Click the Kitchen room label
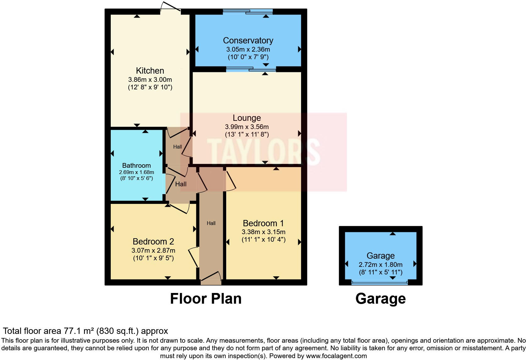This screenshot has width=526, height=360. click(x=150, y=70)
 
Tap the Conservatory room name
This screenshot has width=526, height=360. click(x=248, y=41)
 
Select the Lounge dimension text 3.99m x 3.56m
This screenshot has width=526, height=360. click(x=247, y=127)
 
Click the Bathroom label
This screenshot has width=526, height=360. click(x=136, y=166)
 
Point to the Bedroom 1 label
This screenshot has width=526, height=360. click(x=263, y=223)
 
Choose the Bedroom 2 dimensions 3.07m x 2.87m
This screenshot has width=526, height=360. click(x=153, y=251)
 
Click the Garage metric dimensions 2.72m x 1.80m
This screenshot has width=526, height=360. click(x=380, y=265)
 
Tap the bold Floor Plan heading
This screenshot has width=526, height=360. click(x=206, y=299)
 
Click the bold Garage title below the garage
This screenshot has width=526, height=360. click(x=380, y=299)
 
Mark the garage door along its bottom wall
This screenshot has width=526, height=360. click(x=380, y=283)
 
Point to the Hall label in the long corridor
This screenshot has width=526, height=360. click(x=211, y=223)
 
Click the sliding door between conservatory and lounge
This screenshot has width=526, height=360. click(x=251, y=69)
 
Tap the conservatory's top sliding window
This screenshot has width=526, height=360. click(x=248, y=12)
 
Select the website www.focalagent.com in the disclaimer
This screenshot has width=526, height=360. click(x=336, y=356)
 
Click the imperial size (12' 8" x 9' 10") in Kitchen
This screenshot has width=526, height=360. click(x=150, y=87)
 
